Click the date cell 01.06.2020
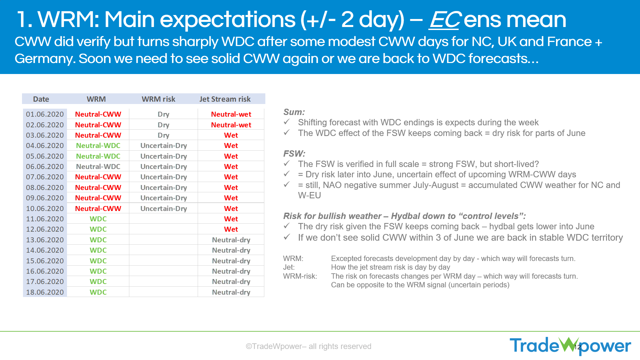45,114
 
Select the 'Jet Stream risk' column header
225,99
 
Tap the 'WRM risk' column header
158,99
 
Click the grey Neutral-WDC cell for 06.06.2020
98,167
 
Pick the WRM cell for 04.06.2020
98,146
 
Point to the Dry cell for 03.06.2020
163,135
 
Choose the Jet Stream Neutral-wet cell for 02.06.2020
231,125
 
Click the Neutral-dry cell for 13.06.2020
231,240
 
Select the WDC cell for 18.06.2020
98,292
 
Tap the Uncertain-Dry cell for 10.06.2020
163,209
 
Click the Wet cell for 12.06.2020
231,229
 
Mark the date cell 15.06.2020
45,261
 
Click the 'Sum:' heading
294,112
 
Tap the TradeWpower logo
570,346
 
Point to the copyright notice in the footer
308,346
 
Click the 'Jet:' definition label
289,267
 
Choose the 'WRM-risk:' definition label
300,276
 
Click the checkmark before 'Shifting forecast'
287,122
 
